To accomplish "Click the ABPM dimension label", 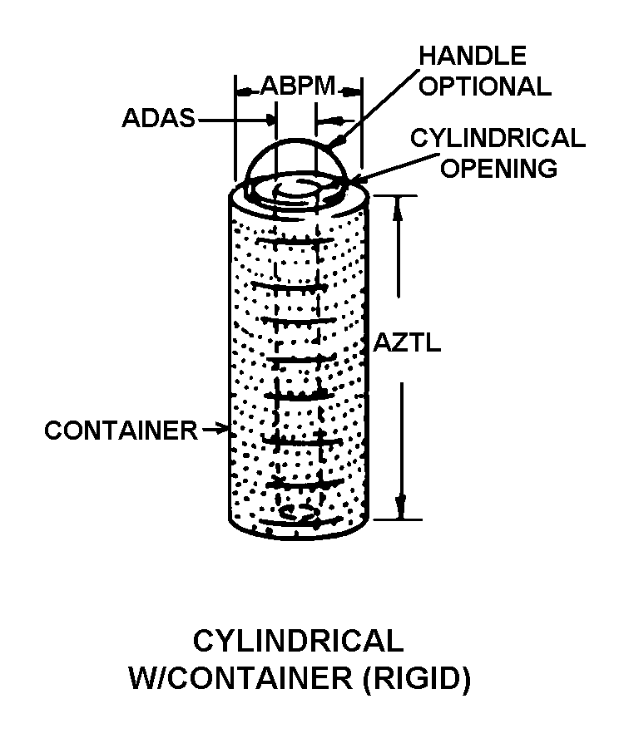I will click(298, 86).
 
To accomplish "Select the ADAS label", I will click(158, 119).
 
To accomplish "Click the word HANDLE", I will click(472, 56).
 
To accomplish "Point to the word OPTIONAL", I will click(484, 86).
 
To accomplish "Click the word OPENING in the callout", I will click(498, 168).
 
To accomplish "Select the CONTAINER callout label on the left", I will click(121, 431).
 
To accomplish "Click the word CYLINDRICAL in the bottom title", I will click(298, 641).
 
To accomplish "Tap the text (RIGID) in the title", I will click(417, 678).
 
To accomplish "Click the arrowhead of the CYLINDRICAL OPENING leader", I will click(356, 179).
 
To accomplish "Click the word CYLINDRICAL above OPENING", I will click(498, 138).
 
